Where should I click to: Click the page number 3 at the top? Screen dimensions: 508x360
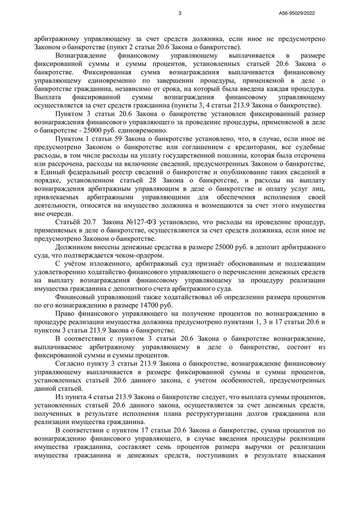click(180, 13)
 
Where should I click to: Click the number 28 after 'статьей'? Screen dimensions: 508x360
click(152, 180)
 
